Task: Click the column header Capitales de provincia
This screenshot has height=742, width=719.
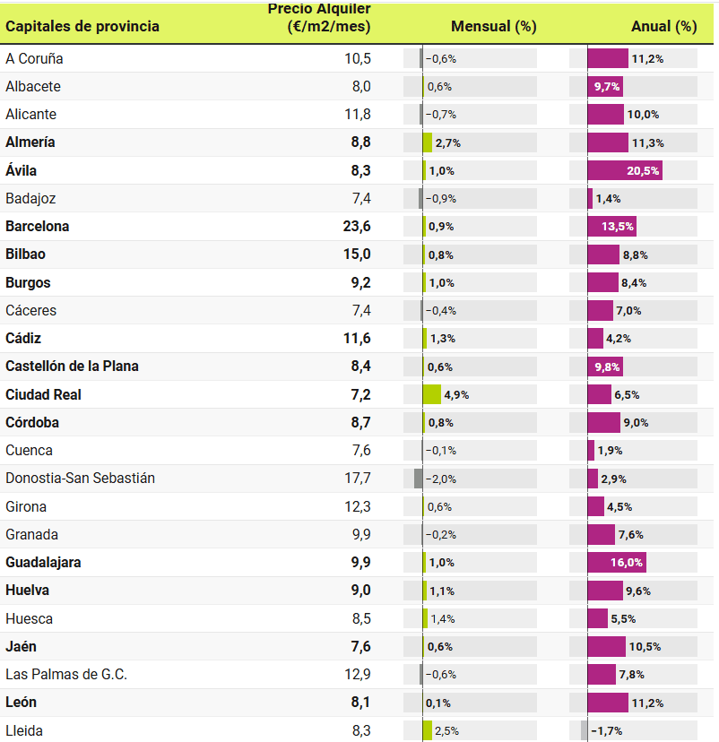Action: coord(82,26)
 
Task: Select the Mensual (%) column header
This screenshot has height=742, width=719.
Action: coord(493,26)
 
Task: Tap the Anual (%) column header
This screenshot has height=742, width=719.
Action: coord(663,26)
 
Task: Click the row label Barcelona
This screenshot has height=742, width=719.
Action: coord(38,227)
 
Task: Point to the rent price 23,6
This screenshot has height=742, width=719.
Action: coord(357,227)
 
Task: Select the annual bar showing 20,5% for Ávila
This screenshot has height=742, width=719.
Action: coord(625,170)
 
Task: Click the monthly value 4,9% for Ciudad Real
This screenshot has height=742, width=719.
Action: coord(457,394)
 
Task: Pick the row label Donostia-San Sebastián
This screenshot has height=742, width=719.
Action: coord(80,479)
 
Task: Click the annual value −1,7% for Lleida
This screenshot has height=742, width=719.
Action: coord(607,731)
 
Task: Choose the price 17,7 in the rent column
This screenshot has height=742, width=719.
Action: coord(358,479)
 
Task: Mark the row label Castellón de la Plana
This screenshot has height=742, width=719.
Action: coord(72,367)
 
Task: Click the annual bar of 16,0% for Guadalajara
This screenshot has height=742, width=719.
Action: coord(617,563)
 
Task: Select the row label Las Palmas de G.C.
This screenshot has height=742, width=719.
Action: coord(66,675)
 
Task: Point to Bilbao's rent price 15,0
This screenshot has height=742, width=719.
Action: coord(357,255)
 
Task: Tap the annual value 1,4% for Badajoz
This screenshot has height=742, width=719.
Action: coord(609,199)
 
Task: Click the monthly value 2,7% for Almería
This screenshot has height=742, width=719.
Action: coord(447,142)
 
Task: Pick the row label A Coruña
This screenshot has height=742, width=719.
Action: coord(34,59)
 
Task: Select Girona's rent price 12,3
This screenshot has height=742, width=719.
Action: coord(358,507)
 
